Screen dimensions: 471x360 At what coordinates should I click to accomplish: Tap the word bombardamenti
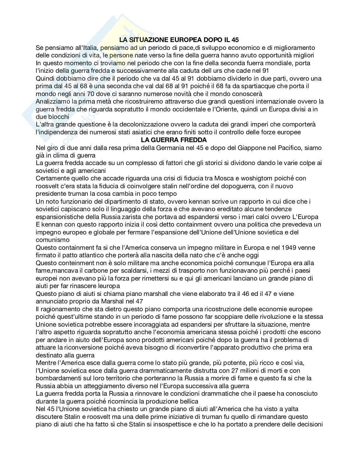[x=59, y=378]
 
